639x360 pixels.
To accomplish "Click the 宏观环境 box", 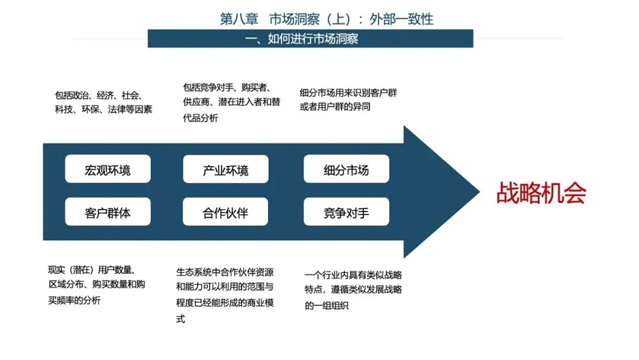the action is [x=108, y=169].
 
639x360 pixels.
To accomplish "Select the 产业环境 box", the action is [x=225, y=169].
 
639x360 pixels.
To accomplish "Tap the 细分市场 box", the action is [x=346, y=169].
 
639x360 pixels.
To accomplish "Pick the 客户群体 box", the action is [x=108, y=211].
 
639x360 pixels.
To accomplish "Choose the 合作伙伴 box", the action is [x=225, y=211].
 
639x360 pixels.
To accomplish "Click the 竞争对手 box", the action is [x=346, y=211].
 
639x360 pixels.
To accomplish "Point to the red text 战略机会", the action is [x=541, y=193].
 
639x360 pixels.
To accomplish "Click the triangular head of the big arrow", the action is [x=436, y=192].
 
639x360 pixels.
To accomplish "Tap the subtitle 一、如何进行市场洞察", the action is [x=302, y=38].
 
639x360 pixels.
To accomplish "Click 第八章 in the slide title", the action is [x=239, y=19].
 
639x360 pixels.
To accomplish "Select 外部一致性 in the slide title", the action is [x=401, y=19].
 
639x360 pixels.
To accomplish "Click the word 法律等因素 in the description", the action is [x=130, y=110].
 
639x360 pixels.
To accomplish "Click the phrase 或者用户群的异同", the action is [x=335, y=107].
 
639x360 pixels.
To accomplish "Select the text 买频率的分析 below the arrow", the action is [x=74, y=300].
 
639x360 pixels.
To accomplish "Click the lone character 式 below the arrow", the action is [x=180, y=319].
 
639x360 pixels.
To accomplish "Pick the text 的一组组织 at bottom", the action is [x=327, y=306].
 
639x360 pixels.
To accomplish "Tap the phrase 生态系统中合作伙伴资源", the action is [x=225, y=272].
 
